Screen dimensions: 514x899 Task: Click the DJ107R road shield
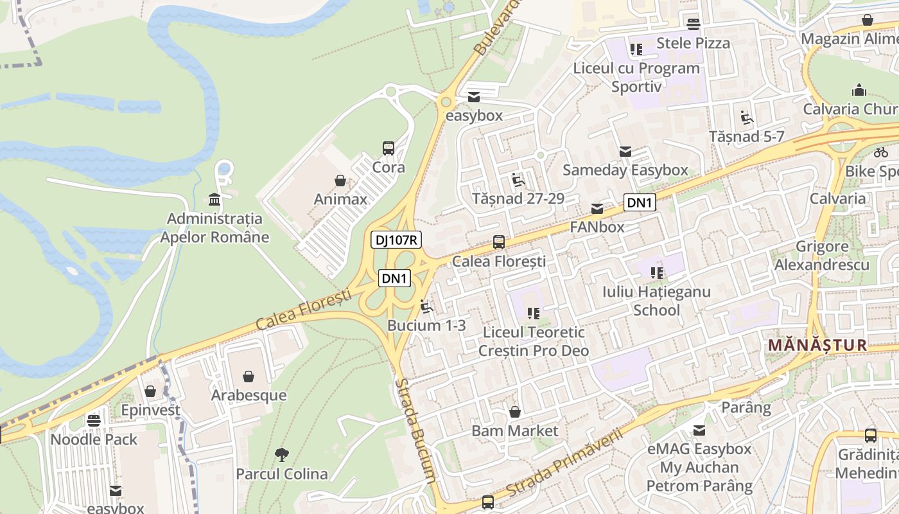pos(396,240)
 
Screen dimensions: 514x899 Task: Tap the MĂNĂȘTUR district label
pos(817,345)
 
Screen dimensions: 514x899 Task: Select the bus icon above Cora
pos(388,148)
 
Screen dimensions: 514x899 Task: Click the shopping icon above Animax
pos(340,181)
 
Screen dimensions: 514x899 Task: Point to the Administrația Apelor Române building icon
pos(214,200)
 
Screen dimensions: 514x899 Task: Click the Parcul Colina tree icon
pos(281,455)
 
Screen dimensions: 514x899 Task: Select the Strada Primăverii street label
pos(564,463)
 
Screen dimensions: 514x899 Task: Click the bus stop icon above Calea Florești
pos(499,242)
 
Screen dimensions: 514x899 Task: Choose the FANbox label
pos(597,227)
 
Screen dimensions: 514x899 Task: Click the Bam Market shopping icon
pos(514,412)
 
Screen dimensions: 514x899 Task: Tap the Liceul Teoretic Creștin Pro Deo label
pos(534,341)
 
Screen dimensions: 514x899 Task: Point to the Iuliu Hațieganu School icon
pos(657,273)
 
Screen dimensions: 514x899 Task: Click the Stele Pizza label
pos(694,43)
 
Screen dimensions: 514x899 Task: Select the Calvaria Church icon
pos(859,90)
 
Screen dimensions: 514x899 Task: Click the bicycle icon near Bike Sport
pos(881,152)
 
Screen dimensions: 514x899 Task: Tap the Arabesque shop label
pos(249,394)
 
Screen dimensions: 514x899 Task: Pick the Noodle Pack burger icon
pos(94,421)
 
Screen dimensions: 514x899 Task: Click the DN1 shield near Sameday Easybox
pos(640,203)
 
